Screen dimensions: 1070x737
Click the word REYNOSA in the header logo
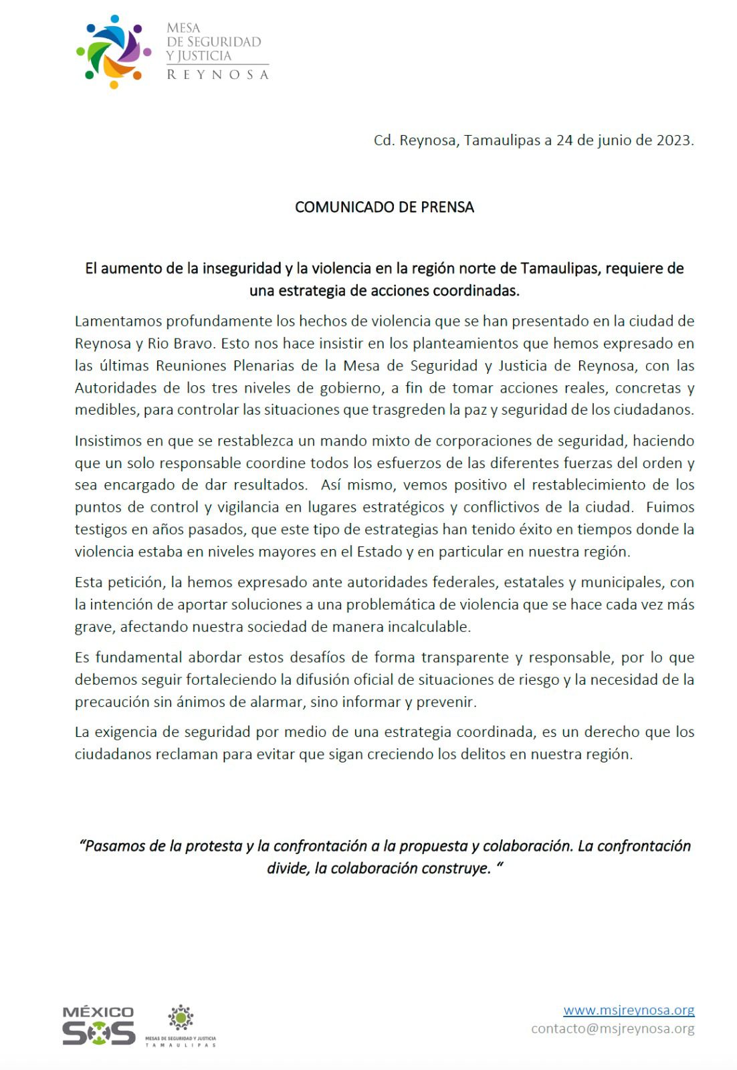click(x=217, y=75)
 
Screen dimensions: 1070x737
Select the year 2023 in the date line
click(x=674, y=140)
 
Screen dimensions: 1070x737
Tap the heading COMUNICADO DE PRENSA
click(x=385, y=207)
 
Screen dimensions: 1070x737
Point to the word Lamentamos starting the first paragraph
click(x=118, y=321)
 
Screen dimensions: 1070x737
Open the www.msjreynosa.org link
click(x=629, y=1010)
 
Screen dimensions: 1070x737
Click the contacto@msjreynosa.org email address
click(x=613, y=1029)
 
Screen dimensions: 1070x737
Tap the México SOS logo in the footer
click(x=98, y=1025)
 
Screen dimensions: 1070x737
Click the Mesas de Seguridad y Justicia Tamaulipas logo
click(x=181, y=1025)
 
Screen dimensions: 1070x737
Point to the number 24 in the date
click(x=564, y=140)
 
